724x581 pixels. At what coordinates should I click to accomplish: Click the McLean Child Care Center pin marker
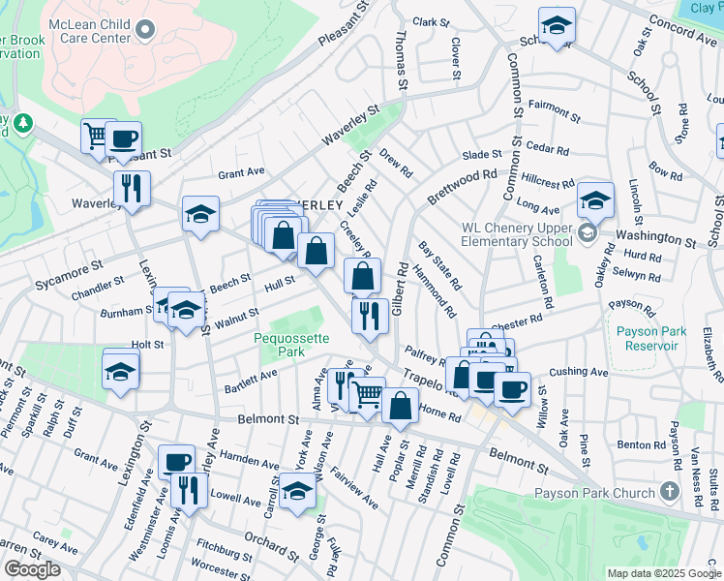[146, 29]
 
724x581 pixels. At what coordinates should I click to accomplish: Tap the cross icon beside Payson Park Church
[669, 493]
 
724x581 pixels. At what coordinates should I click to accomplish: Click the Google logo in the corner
[31, 569]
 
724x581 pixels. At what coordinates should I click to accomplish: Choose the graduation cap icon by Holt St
[120, 371]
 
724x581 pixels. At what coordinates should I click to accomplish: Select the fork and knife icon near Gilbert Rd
[369, 315]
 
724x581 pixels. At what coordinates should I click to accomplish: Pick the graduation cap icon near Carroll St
[297, 492]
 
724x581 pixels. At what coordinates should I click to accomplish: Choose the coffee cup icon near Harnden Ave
[176, 462]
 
